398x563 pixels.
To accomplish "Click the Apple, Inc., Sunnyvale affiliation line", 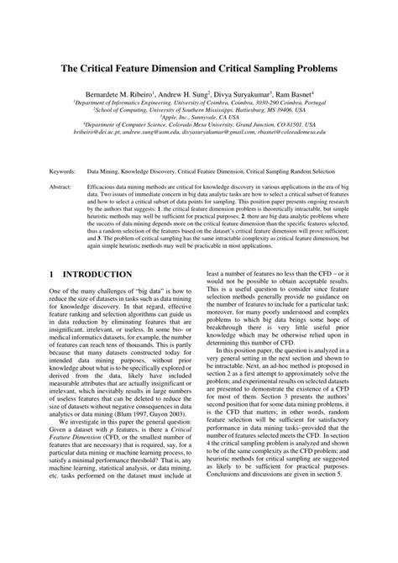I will [x=198, y=119].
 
